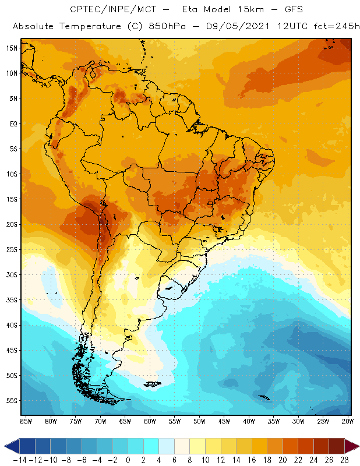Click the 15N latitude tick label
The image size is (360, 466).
pos(12,48)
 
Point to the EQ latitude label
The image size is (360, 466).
pos(13,123)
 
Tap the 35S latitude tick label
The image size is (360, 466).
pos(12,300)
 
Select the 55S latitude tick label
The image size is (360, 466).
pos(12,401)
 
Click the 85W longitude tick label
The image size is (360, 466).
pos(26,421)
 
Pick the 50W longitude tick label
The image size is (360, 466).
pos(199,421)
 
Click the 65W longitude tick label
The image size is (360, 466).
pos(125,421)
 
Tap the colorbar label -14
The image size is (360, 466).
pos(19,460)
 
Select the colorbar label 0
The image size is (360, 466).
pos(128,460)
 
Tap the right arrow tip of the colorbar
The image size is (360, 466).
pos(356,446)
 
